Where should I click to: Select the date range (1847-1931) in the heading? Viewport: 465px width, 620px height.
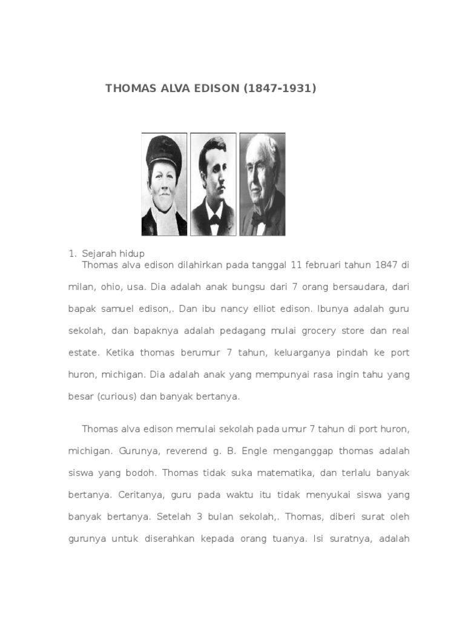pyautogui.click(x=280, y=88)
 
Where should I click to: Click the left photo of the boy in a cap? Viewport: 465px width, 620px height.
pyautogui.click(x=165, y=184)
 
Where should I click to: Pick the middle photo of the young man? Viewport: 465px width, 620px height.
pyautogui.click(x=213, y=184)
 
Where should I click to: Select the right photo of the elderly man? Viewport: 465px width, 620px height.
pyautogui.click(x=262, y=184)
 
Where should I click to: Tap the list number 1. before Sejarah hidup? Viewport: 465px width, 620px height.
pyautogui.click(x=72, y=253)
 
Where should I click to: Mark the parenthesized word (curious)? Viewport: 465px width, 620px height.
pyautogui.click(x=119, y=397)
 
